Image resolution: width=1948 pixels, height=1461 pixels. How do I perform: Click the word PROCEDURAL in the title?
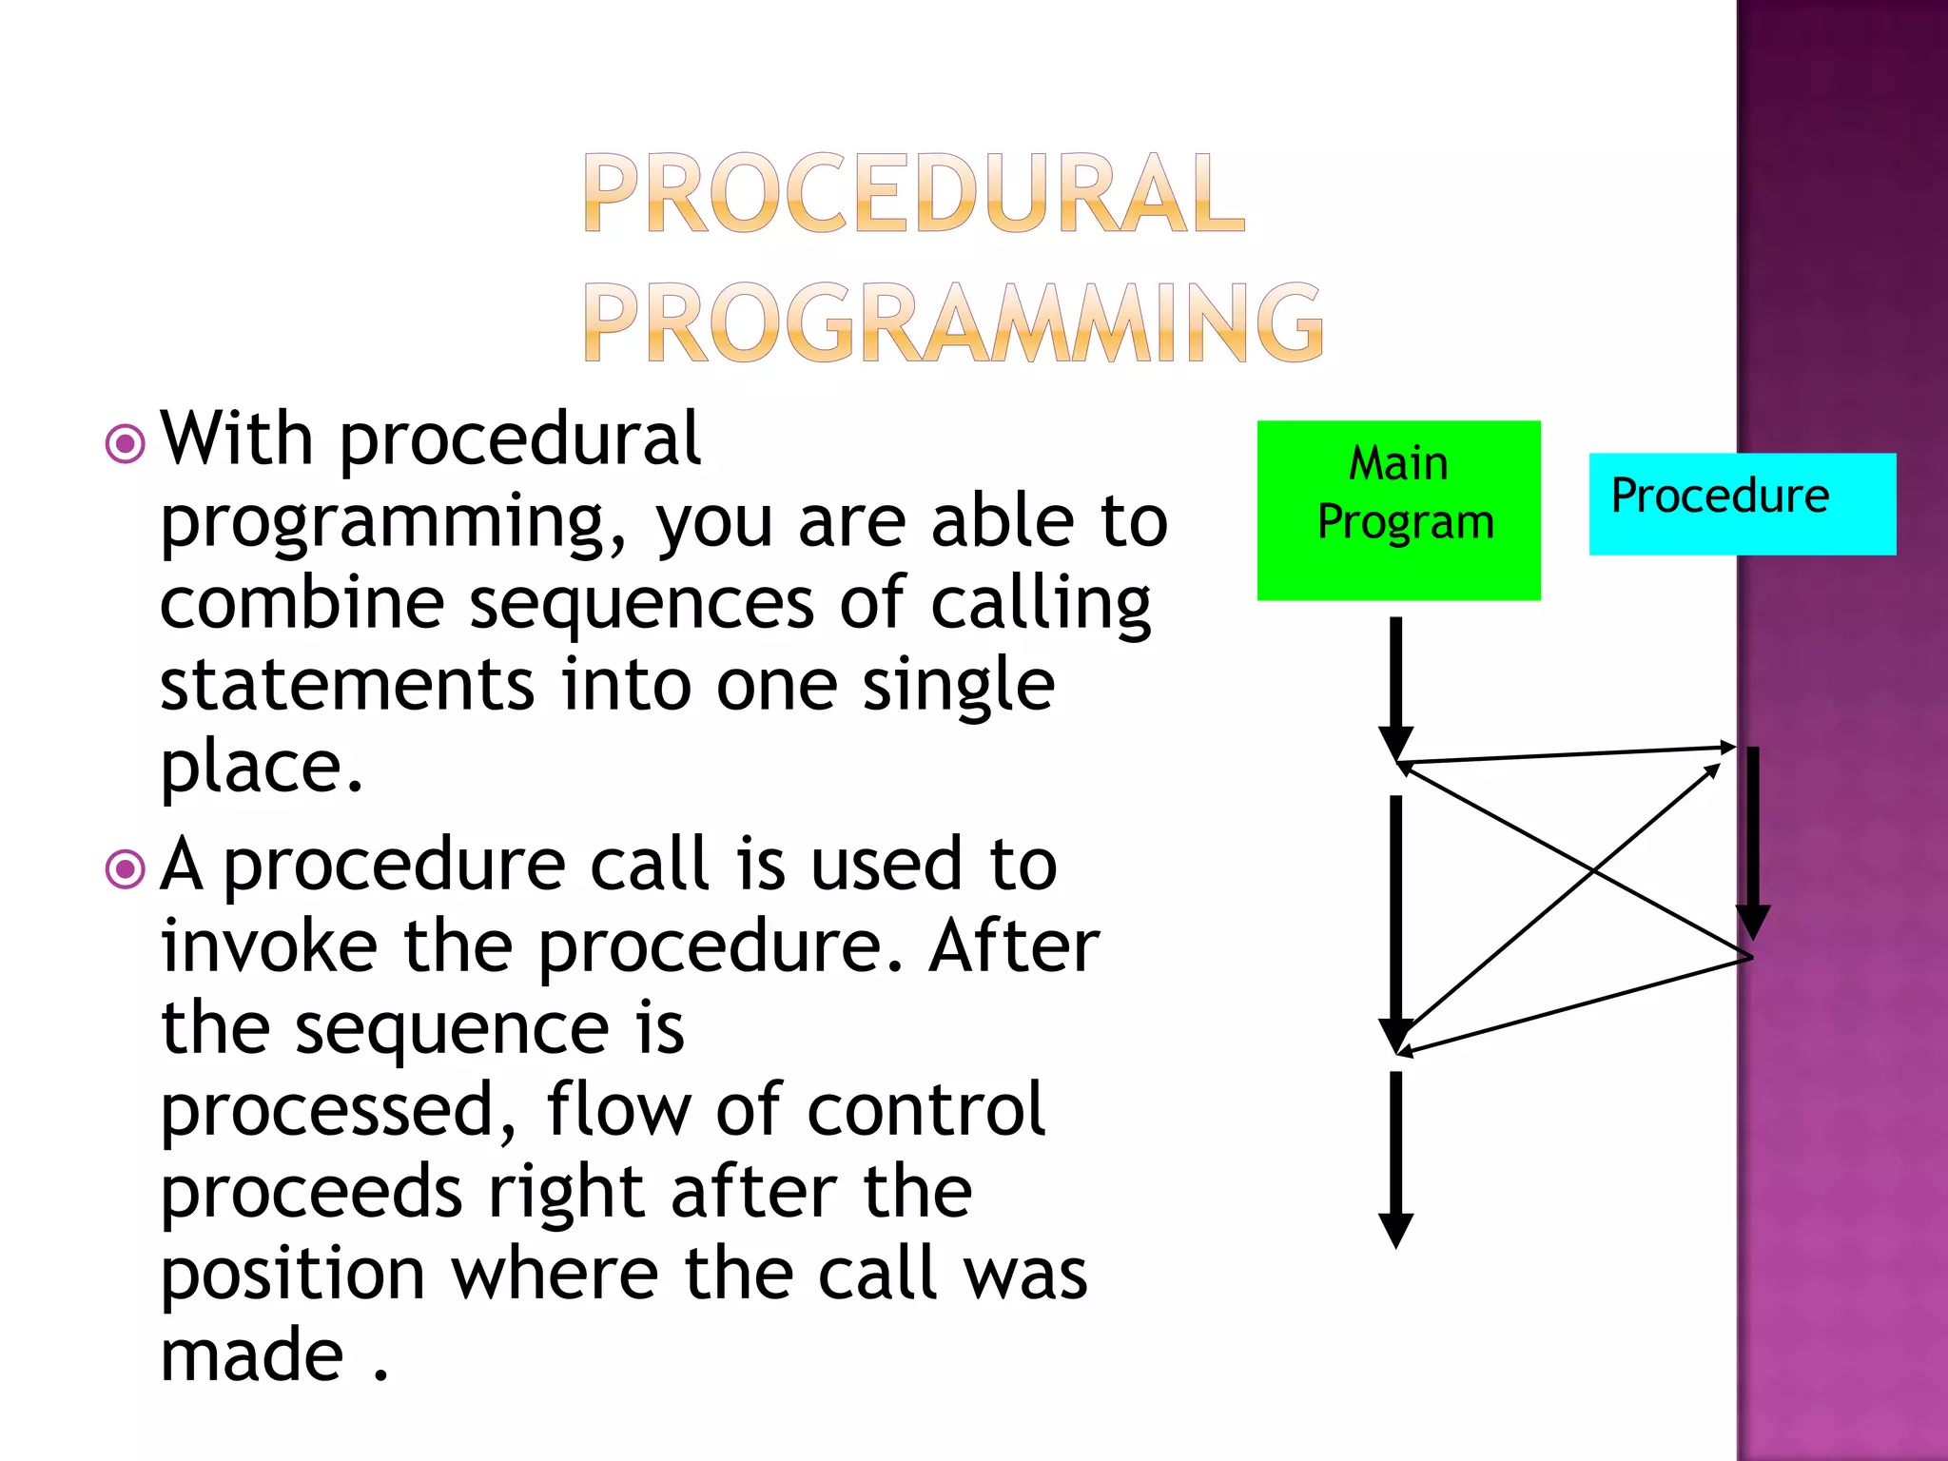click(914, 193)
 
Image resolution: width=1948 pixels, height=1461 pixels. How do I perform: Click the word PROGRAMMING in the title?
click(952, 323)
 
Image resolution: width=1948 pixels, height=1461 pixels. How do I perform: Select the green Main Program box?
click(1398, 510)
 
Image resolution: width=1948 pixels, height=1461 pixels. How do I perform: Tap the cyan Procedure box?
click(1741, 503)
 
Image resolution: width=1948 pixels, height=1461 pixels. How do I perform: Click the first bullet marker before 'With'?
click(125, 443)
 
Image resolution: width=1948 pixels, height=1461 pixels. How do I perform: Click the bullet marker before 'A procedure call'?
click(125, 868)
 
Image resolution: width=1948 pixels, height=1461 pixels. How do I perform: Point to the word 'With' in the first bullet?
click(237, 438)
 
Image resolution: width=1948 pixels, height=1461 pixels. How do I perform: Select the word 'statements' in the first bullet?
click(347, 685)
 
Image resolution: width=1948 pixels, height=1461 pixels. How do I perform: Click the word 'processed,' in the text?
click(339, 1110)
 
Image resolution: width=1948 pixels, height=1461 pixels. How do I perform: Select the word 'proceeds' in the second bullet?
click(311, 1192)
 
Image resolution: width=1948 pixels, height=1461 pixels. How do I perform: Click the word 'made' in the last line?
click(252, 1355)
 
